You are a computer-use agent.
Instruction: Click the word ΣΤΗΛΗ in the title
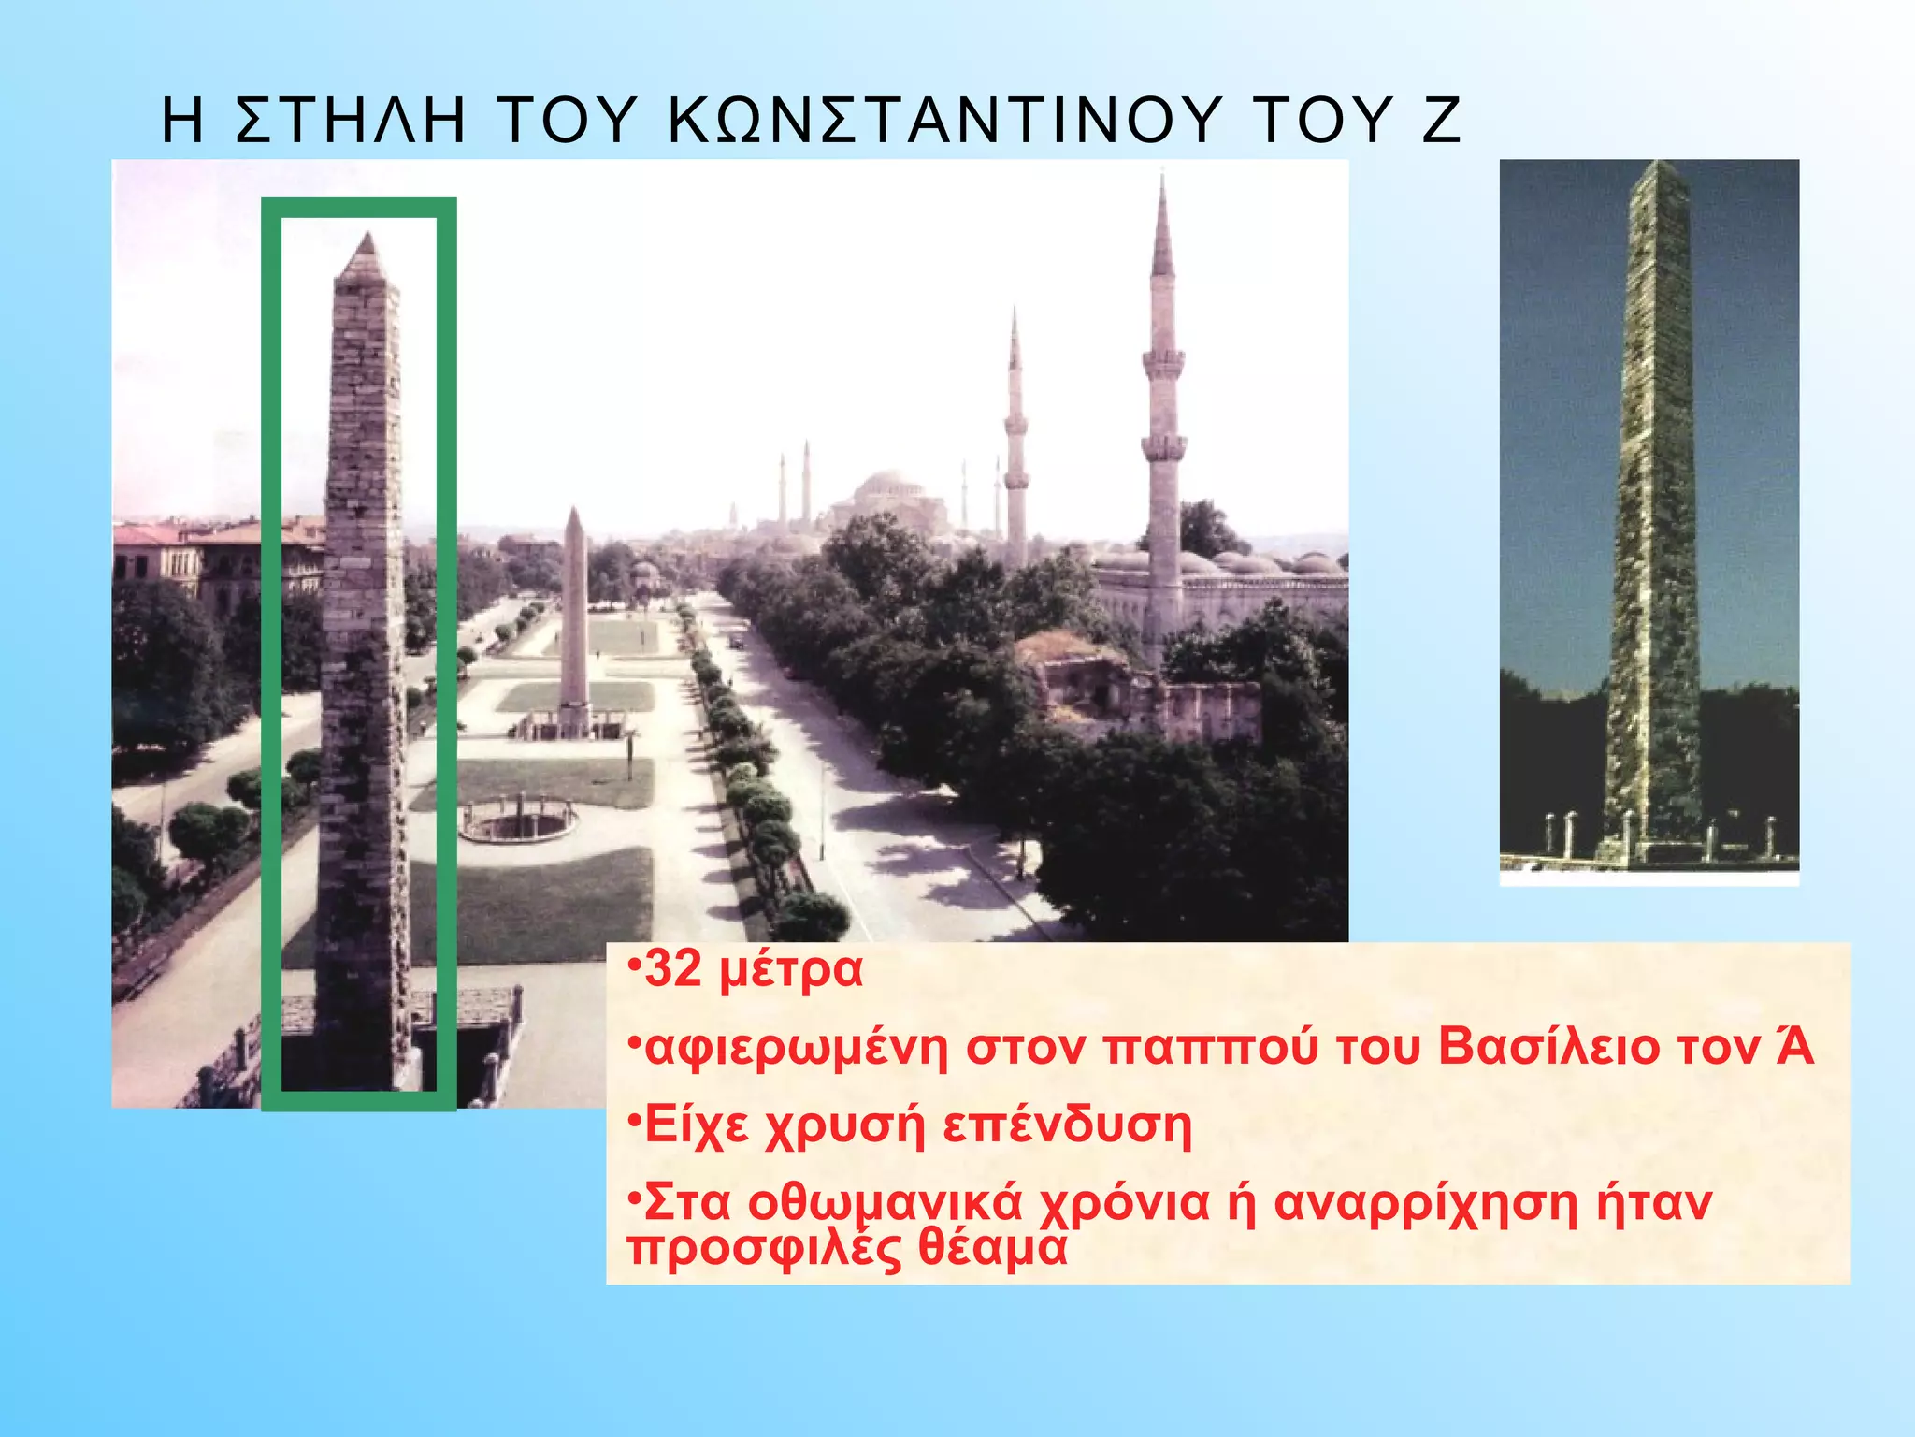[351, 122]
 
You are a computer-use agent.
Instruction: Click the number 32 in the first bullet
[673, 970]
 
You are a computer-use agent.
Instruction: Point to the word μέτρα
[791, 973]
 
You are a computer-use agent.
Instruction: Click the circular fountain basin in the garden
[518, 820]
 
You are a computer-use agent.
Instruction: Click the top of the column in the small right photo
[1660, 168]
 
